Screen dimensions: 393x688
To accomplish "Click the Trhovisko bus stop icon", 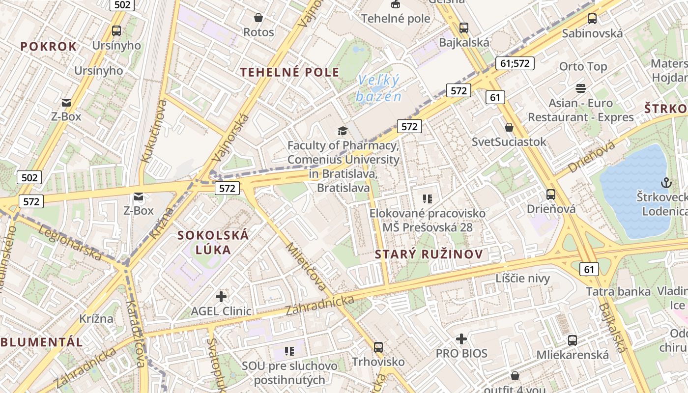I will point(378,347).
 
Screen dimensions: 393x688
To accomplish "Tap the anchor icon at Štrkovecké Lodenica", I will point(666,183).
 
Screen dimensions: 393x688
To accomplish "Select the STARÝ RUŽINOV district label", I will point(429,254).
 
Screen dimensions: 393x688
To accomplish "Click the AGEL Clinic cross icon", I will point(221,296).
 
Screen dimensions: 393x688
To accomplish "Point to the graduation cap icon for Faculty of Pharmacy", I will point(343,131).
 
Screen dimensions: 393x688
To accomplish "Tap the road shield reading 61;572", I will point(515,63).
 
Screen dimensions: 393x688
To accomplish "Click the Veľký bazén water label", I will point(378,88).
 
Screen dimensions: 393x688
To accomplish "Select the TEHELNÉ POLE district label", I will point(289,72).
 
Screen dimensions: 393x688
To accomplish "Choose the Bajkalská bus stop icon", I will point(463,28).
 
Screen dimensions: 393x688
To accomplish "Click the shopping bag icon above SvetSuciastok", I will point(509,127).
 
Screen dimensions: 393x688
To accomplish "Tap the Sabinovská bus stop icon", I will point(592,19).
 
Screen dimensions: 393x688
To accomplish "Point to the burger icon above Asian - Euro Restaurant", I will point(581,88).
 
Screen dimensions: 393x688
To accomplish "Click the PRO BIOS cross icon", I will point(461,338).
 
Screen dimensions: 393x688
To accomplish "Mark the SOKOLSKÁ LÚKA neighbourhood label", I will point(213,242).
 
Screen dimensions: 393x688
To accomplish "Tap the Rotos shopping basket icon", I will point(258,18).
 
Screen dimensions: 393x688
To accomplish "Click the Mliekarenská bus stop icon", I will point(572,340).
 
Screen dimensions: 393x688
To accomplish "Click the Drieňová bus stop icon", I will point(551,194).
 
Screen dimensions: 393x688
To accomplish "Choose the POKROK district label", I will point(49,47).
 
